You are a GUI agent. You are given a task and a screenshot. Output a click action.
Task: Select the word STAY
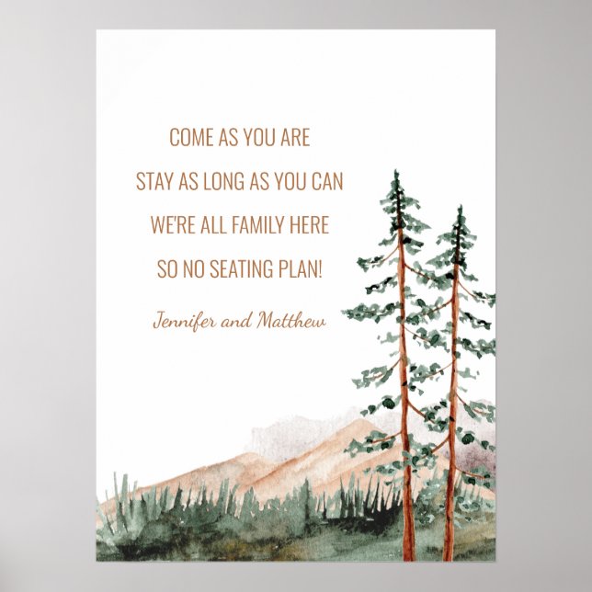click(x=156, y=181)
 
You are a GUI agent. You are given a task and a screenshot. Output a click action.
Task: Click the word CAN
click(x=327, y=181)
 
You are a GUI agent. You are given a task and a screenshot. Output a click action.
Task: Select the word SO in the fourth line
click(x=165, y=268)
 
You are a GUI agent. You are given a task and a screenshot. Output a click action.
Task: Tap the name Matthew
click(x=291, y=321)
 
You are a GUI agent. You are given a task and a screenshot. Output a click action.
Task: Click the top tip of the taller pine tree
click(x=396, y=172)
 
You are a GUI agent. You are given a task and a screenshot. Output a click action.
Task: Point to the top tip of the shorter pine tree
click(x=459, y=208)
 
